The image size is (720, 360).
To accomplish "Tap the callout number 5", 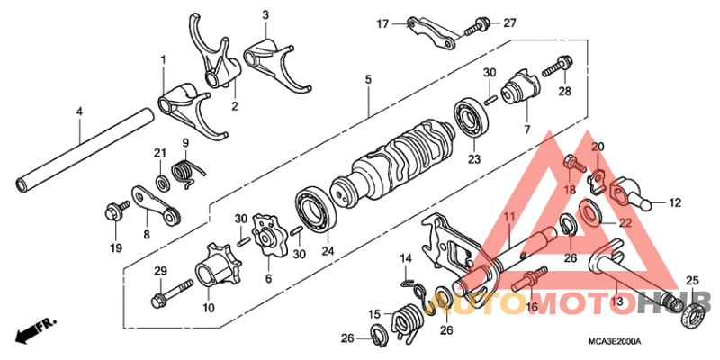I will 367,81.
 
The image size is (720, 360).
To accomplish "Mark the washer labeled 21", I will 163,184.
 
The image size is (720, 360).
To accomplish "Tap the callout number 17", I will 381,23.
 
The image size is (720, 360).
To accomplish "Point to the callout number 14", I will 405,259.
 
